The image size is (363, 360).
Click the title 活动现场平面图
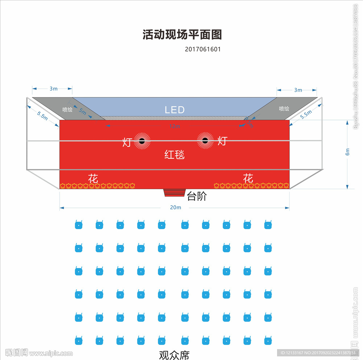pos(182,35)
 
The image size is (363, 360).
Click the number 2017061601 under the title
pos(202,49)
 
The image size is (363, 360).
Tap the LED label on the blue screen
pos(175,110)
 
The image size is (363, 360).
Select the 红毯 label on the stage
pos(174,155)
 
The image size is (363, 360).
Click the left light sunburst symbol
pos(142,141)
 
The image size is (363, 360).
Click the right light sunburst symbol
pos(205,141)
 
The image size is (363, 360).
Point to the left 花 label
pos(93,178)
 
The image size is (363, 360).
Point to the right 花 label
pos(248,178)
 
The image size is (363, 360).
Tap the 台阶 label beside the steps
pos(197,196)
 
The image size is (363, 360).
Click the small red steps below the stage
pos(174,193)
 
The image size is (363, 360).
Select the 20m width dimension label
pos(175,207)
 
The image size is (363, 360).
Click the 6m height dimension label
pos(347,152)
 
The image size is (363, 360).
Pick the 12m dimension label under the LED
pos(174,126)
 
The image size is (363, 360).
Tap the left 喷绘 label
pos(67,109)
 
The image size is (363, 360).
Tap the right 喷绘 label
pos(284,108)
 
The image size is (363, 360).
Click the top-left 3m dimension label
pos(53,88)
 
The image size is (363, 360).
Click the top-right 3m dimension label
pos(298,90)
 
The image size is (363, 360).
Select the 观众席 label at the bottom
pos(174,355)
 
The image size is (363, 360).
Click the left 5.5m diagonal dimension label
pos(42,115)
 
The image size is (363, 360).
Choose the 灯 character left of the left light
pos(127,142)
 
